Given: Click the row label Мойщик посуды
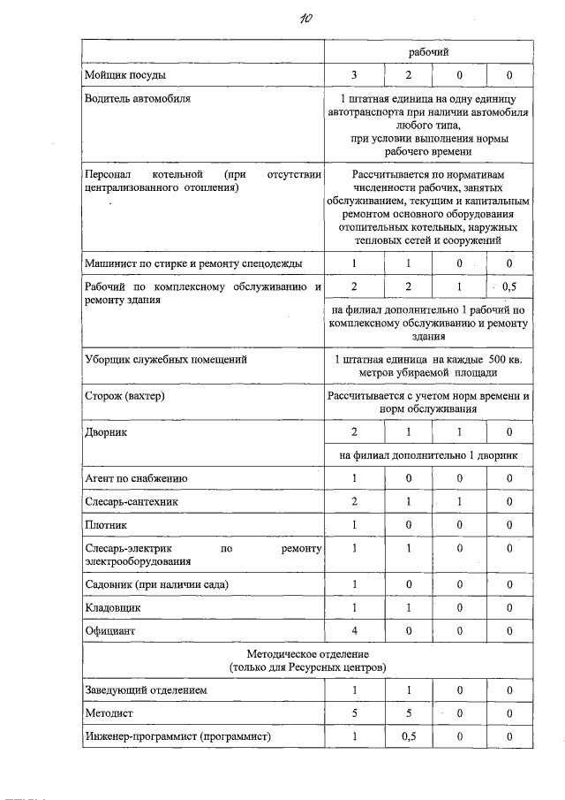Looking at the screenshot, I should point(124,75).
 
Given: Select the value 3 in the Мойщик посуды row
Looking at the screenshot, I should point(354,75).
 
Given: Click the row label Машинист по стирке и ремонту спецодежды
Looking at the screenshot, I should point(192,263).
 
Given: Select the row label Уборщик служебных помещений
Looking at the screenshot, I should point(165,360).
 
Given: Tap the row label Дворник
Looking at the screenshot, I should point(106,432).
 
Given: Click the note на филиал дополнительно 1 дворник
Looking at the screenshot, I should point(427,454).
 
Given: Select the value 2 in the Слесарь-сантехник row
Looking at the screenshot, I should point(354,501).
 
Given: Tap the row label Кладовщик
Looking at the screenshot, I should point(112,608).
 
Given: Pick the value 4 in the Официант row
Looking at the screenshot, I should point(354,630).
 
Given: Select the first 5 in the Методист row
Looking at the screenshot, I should point(354,712).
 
